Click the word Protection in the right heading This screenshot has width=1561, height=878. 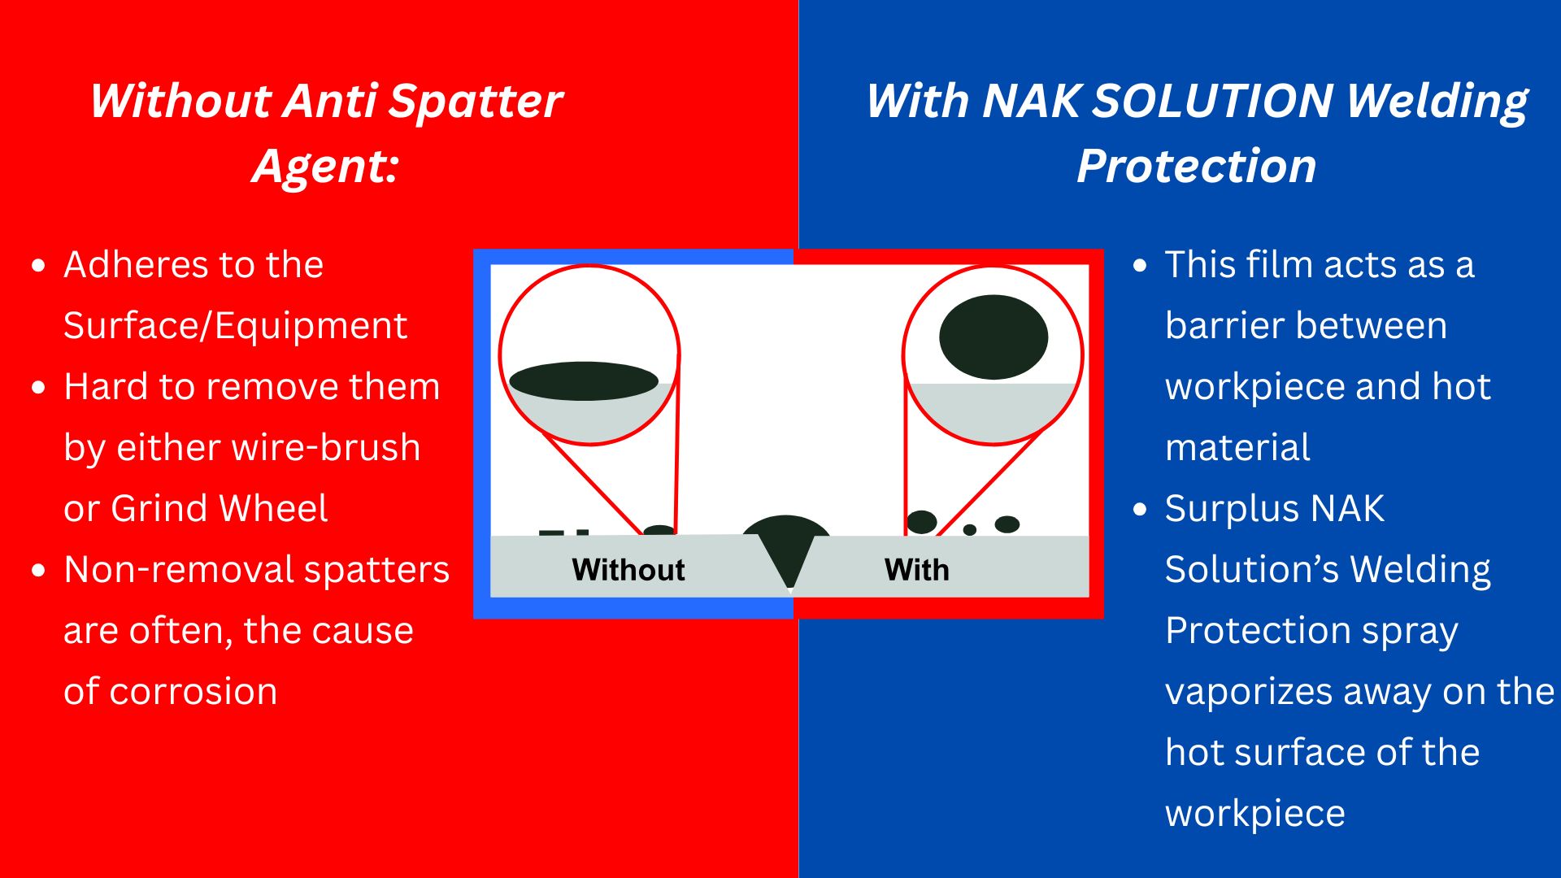coord(1196,167)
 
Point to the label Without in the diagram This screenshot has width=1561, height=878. coord(628,570)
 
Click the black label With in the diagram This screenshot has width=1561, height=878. coord(917,570)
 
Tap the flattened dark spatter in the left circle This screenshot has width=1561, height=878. coord(584,381)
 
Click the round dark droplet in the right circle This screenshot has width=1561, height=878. coord(994,337)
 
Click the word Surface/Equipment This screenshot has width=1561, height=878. coord(235,326)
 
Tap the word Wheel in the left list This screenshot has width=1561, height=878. coord(273,509)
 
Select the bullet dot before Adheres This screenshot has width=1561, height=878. coord(38,266)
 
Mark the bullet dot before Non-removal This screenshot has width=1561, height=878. coord(38,571)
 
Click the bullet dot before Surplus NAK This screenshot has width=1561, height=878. coord(1140,510)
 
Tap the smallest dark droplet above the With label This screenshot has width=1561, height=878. coord(970,530)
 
